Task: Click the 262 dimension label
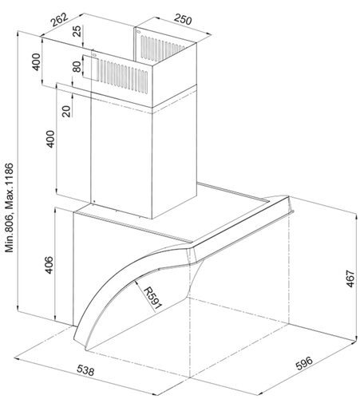click(x=60, y=20)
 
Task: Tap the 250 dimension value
click(x=183, y=19)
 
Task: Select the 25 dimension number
click(x=77, y=31)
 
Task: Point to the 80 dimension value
click(x=77, y=67)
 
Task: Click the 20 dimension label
click(x=66, y=112)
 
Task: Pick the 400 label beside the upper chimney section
click(x=36, y=62)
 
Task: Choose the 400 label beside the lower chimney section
click(x=50, y=139)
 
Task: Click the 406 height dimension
click(x=49, y=265)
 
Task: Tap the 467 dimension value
click(x=350, y=279)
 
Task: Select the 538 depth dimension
click(x=85, y=370)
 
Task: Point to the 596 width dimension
click(x=304, y=363)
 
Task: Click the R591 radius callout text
click(x=152, y=298)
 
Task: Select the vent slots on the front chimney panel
click(x=124, y=77)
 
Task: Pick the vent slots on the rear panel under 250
click(x=161, y=47)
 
